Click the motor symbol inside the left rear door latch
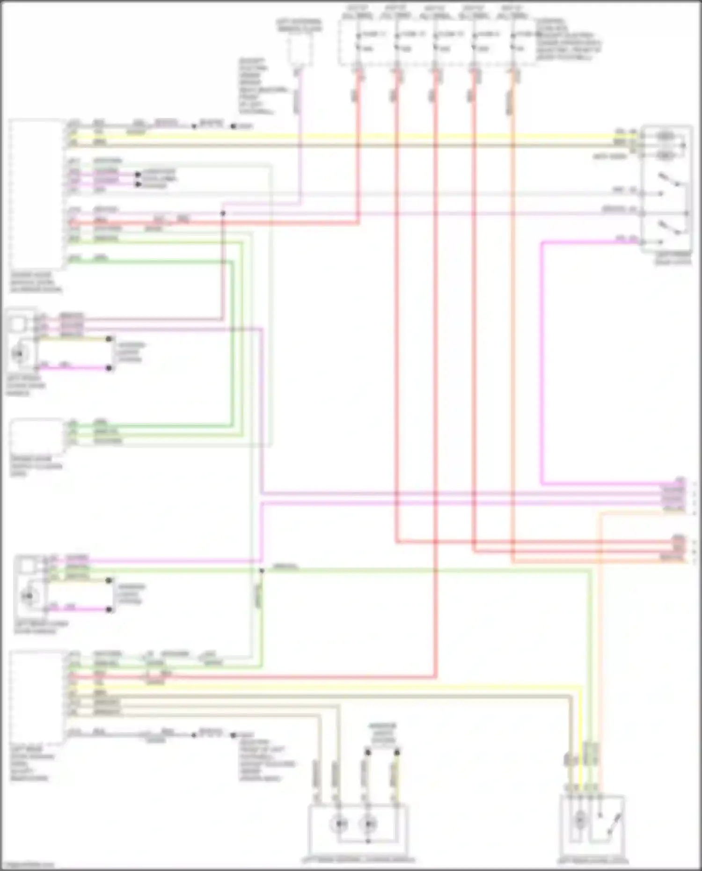coord(580,820)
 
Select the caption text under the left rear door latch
coord(592,861)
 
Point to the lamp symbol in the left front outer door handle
coord(19,354)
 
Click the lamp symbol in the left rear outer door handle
coord(29,596)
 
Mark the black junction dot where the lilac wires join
coord(223,213)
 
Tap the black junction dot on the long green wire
coord(262,571)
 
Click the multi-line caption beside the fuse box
coord(568,40)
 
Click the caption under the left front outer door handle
coord(25,386)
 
